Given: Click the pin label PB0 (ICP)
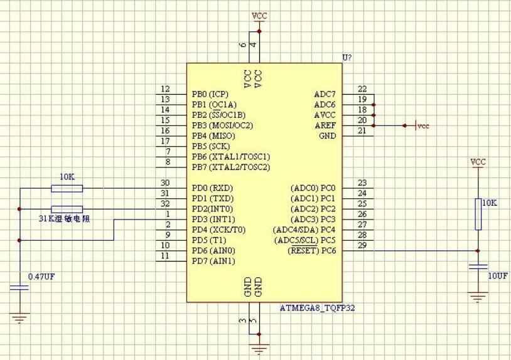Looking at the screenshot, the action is [x=210, y=95].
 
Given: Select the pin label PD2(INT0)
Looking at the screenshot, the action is [x=212, y=209].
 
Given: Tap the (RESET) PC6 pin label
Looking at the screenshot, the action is [x=311, y=251].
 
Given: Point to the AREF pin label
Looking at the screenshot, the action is [x=325, y=125].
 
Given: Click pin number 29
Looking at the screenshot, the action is [x=362, y=245].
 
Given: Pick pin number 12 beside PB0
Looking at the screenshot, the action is [x=165, y=89].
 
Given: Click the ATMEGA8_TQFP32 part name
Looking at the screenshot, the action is [x=317, y=308].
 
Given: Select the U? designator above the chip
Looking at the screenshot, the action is [x=347, y=58].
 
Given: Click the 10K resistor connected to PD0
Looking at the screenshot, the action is [x=67, y=188].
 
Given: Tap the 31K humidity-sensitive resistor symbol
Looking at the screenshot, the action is [x=67, y=209].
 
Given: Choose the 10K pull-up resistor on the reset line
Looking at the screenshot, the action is [x=478, y=214].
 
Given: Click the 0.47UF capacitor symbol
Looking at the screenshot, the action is [x=19, y=287].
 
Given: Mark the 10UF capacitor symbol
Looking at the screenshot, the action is [x=478, y=267].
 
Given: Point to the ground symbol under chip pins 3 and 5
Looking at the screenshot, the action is [x=259, y=349].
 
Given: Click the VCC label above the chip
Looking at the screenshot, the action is [x=259, y=16].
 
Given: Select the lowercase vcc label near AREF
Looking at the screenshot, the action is [x=423, y=126].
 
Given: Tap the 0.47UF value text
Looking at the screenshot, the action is [x=41, y=277].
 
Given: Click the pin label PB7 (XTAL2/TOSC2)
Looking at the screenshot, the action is [x=231, y=167].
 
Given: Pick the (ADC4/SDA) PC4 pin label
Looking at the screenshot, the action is [x=304, y=230].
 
